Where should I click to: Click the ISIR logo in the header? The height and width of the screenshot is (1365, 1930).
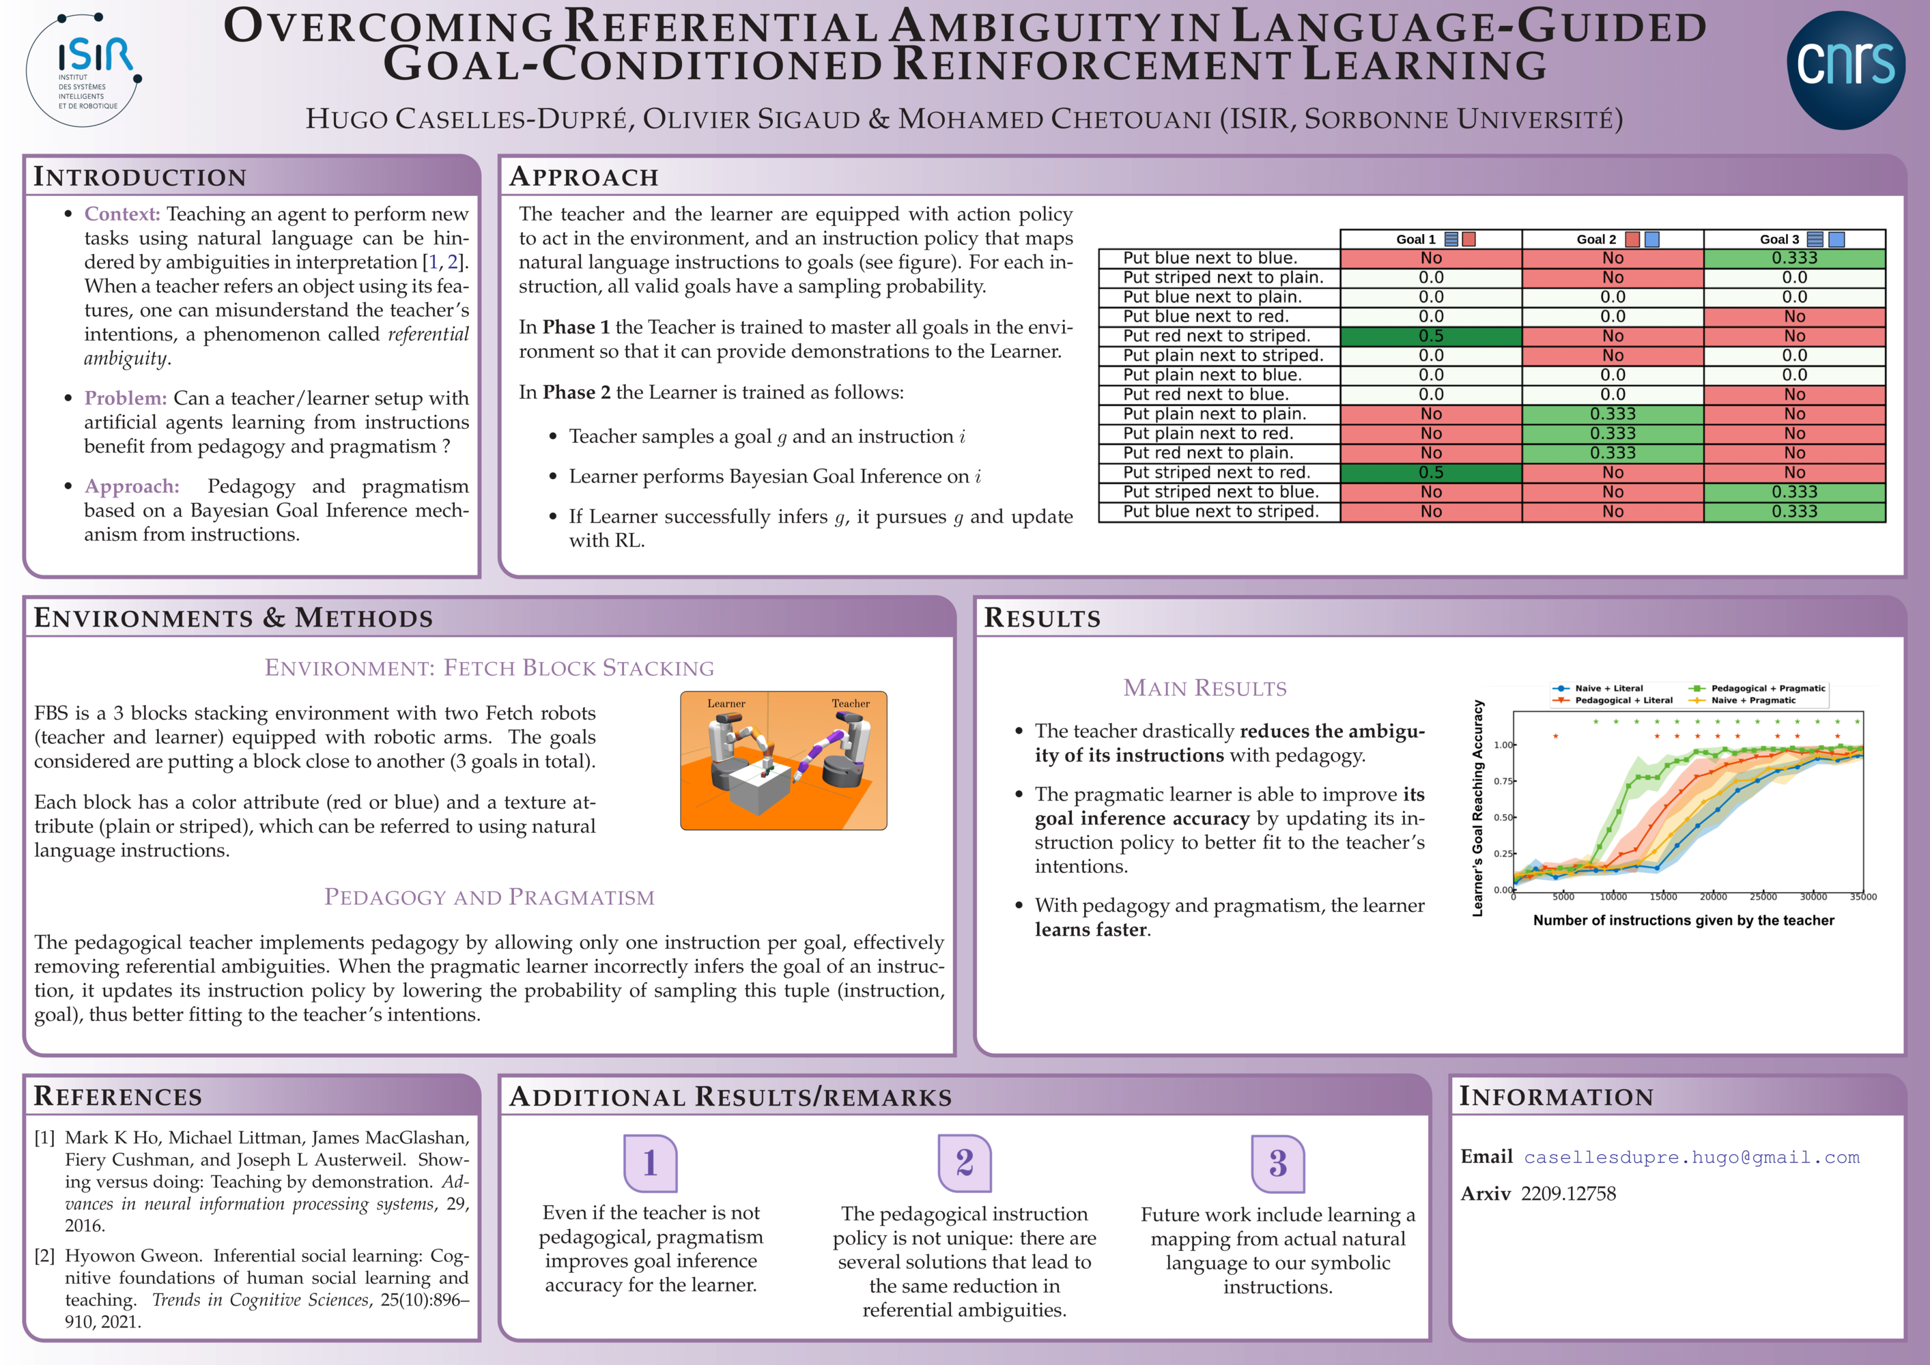pyautogui.click(x=84, y=70)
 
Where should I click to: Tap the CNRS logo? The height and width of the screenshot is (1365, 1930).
pyautogui.click(x=1845, y=70)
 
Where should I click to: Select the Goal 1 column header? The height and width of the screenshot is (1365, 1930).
pyautogui.click(x=1431, y=240)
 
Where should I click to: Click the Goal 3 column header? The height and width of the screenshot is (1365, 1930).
pyautogui.click(x=1795, y=240)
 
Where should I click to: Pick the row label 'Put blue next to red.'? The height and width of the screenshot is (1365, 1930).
pyautogui.click(x=1206, y=316)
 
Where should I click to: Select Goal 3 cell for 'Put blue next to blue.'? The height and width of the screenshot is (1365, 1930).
pyautogui.click(x=1795, y=258)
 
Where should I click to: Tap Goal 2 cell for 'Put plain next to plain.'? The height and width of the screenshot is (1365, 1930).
pyautogui.click(x=1613, y=414)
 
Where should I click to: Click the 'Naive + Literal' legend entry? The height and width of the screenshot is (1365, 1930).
pyautogui.click(x=1597, y=687)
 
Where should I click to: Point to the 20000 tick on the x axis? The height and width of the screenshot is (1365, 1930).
pyautogui.click(x=1713, y=897)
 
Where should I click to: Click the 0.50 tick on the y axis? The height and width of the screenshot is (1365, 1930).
pyautogui.click(x=1503, y=817)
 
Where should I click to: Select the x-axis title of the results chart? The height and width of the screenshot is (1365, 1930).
pyautogui.click(x=1684, y=921)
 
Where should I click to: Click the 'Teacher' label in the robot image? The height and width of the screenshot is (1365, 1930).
pyautogui.click(x=851, y=704)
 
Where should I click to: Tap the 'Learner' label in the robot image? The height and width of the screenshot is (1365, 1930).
pyautogui.click(x=726, y=704)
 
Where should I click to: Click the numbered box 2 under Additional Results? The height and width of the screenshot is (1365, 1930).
pyautogui.click(x=964, y=1163)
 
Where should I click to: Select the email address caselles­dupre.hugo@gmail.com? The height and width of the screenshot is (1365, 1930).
pyautogui.click(x=1691, y=1158)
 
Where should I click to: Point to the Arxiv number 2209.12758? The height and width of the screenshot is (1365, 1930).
pyautogui.click(x=1569, y=1194)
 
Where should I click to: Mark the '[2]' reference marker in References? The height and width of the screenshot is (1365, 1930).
pyautogui.click(x=44, y=1256)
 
